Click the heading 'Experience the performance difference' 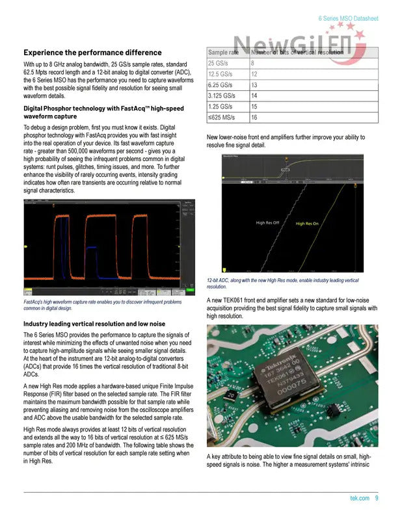coord(92,53)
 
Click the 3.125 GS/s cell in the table coord(221,96)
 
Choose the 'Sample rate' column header coord(223,52)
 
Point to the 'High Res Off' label coord(267,223)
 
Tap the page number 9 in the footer coord(377,499)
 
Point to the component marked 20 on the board coord(230,395)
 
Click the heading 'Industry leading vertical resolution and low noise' coord(94,324)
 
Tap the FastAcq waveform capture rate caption coord(102,305)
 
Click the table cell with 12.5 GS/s coord(221,75)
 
